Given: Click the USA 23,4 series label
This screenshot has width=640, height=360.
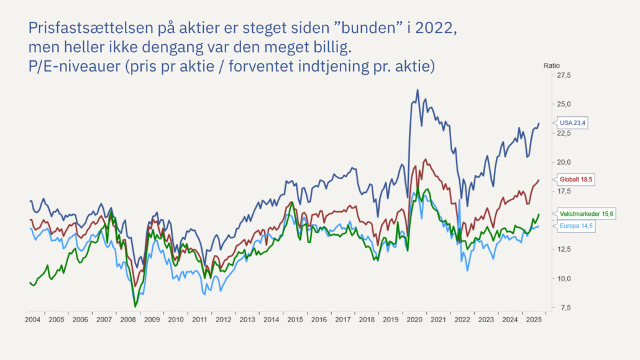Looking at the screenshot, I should pyautogui.click(x=572, y=123).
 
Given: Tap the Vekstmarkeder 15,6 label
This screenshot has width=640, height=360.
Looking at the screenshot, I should pyautogui.click(x=586, y=213).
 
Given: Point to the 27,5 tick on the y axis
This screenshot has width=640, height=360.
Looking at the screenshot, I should pyautogui.click(x=562, y=75).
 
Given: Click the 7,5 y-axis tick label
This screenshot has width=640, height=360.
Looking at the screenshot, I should pyautogui.click(x=564, y=307).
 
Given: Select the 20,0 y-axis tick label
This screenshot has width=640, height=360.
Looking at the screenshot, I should pyautogui.click(x=562, y=162).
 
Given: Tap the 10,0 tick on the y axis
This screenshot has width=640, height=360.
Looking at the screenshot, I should pyautogui.click(x=562, y=278).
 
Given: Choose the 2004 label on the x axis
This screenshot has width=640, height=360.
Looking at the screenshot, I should pyautogui.click(x=33, y=320).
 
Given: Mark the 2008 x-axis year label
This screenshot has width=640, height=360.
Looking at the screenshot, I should pyautogui.click(x=128, y=320).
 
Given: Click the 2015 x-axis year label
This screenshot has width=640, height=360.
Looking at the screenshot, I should pyautogui.click(x=295, y=320).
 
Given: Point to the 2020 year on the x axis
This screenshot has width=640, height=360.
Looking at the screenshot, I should pyautogui.click(x=414, y=320).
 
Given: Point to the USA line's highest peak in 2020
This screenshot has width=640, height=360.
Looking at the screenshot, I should pyautogui.click(x=417, y=90).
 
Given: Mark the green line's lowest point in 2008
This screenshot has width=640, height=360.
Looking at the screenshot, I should pyautogui.click(x=135, y=307).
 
